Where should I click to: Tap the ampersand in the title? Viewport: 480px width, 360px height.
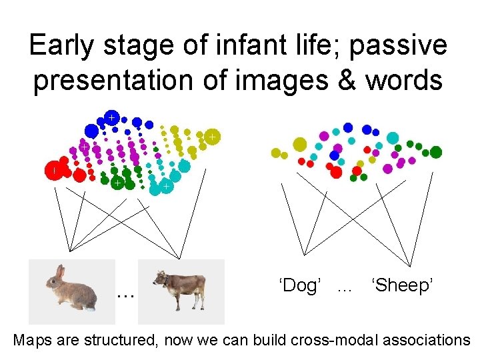point(350,80)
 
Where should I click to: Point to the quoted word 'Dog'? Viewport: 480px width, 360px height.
point(301,286)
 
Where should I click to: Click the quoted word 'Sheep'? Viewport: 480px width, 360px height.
point(404,286)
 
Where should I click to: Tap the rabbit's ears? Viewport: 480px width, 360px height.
point(60,272)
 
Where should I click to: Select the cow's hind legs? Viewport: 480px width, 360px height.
point(197,299)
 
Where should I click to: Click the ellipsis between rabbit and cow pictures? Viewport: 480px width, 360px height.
point(124,294)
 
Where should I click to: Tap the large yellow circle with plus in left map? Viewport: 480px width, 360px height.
point(211,137)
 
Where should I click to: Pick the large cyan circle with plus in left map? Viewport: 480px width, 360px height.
point(165,188)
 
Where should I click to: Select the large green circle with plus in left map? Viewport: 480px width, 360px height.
point(116,182)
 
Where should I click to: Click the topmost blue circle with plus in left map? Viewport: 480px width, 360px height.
point(112,117)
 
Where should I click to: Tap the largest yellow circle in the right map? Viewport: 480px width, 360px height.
point(299,144)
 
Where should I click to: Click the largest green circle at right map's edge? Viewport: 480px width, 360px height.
point(436,152)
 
